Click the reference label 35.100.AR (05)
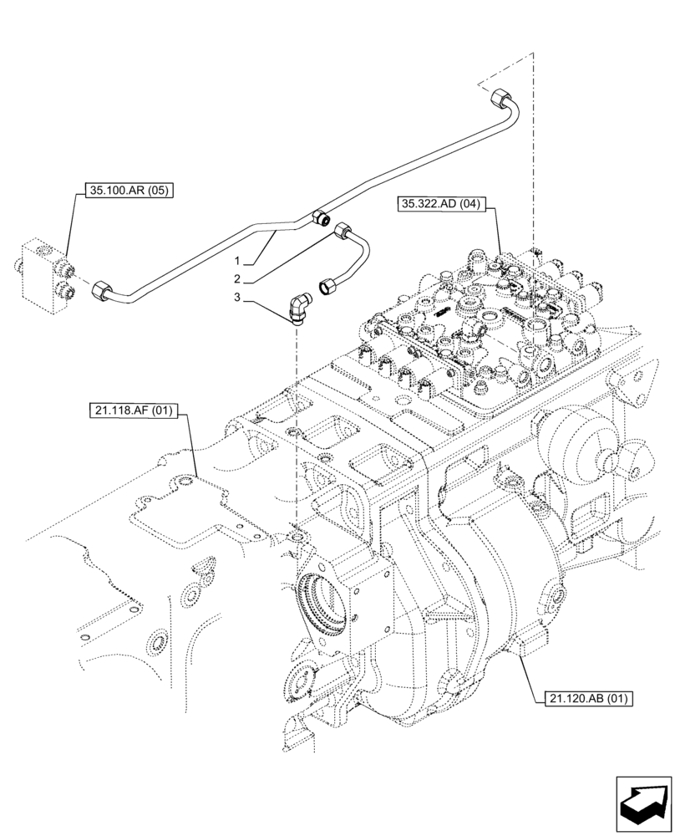[129, 191]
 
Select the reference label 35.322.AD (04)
[442, 202]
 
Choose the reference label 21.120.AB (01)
[580, 698]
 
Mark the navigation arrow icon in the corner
[643, 803]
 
